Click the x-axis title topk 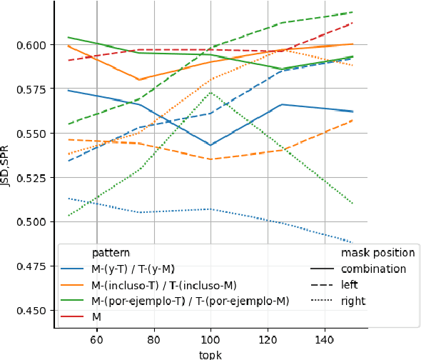tap(210, 354)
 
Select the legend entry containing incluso tap(165, 285)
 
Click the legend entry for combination tap(373, 269)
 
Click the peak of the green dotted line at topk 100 tap(210, 92)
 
